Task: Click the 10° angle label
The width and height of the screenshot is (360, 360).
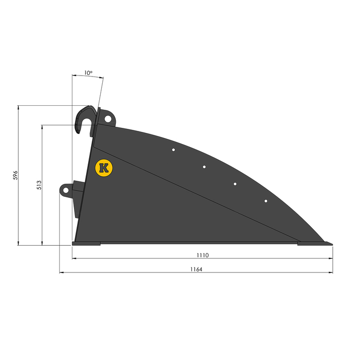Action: tap(88, 73)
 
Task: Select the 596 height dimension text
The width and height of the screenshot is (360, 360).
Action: tap(15, 175)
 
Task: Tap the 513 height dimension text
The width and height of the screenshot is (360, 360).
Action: tap(39, 185)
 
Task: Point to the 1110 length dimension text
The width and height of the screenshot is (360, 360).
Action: tap(202, 255)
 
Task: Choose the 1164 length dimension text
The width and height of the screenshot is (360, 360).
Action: tap(196, 269)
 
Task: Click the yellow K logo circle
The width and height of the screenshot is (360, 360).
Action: tap(104, 168)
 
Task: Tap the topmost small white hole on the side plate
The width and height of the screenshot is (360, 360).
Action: tap(174, 150)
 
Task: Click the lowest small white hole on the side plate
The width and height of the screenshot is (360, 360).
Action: tap(266, 201)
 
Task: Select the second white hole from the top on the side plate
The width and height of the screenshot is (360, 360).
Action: tap(204, 167)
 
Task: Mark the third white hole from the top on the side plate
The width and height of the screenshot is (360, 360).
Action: tap(235, 184)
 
